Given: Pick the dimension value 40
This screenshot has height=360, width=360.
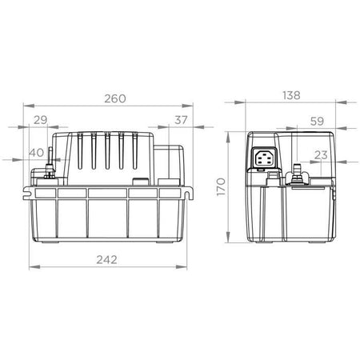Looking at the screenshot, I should click(36, 153).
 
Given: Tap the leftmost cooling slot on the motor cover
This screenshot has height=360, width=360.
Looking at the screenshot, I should click(81, 152).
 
